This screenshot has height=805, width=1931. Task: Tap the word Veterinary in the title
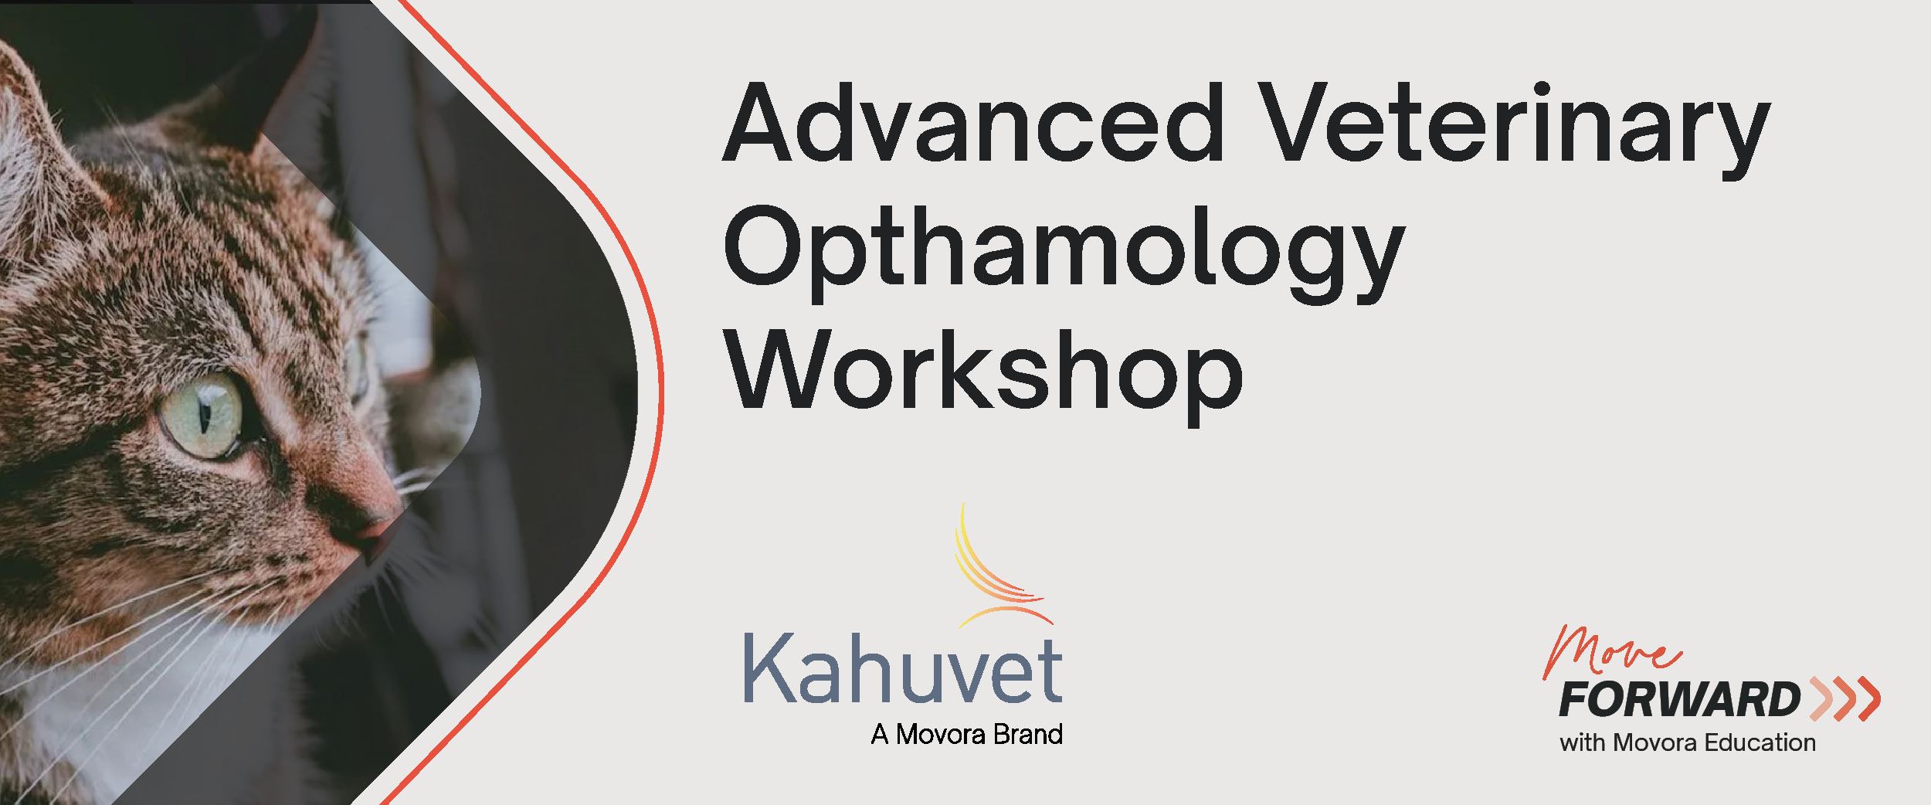pyautogui.click(x=1514, y=131)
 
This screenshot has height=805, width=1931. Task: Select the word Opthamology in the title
pyautogui.click(x=1064, y=254)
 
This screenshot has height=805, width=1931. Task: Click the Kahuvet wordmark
pyautogui.click(x=903, y=669)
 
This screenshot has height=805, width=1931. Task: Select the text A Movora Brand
pyautogui.click(x=966, y=734)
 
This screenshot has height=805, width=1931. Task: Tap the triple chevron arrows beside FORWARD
pyautogui.click(x=1845, y=699)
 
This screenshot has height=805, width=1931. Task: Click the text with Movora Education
pyautogui.click(x=1688, y=743)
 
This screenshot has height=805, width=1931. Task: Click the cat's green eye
pyautogui.click(x=202, y=416)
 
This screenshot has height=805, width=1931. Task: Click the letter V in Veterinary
pyautogui.click(x=1307, y=124)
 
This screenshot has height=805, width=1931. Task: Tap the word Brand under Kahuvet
pyautogui.click(x=1028, y=734)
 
